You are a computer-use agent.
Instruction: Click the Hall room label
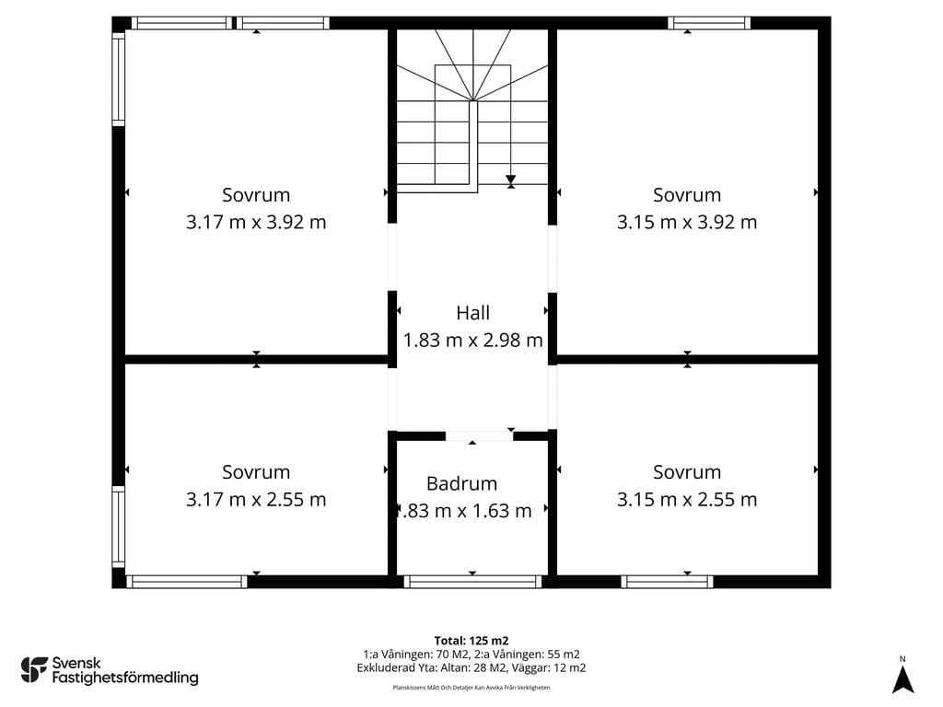(x=472, y=313)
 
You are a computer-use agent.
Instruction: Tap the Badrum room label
(x=462, y=483)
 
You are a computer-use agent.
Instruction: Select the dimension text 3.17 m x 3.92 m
(x=256, y=222)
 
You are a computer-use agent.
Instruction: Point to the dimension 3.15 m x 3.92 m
(x=687, y=222)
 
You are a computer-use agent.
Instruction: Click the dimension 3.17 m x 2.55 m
(x=256, y=499)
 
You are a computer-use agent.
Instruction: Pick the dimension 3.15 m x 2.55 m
(x=687, y=499)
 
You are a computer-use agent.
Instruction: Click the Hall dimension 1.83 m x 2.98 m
(x=472, y=341)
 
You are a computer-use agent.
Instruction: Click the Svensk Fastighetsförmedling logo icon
(x=34, y=670)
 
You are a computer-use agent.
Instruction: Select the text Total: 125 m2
(x=471, y=641)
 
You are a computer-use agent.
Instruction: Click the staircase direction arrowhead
(x=510, y=180)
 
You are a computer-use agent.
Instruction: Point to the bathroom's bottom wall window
(x=472, y=582)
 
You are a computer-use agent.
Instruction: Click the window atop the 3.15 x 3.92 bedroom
(x=709, y=23)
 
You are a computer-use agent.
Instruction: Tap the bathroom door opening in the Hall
(x=479, y=435)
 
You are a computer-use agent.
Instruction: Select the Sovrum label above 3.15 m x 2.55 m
(x=687, y=472)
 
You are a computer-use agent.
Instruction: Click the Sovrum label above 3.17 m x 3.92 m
(x=256, y=195)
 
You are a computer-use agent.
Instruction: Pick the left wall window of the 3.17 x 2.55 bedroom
(x=119, y=527)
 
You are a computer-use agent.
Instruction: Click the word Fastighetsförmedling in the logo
(x=125, y=678)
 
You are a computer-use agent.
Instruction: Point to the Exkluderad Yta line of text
(x=471, y=668)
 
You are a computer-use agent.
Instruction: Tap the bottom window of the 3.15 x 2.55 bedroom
(x=667, y=582)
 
